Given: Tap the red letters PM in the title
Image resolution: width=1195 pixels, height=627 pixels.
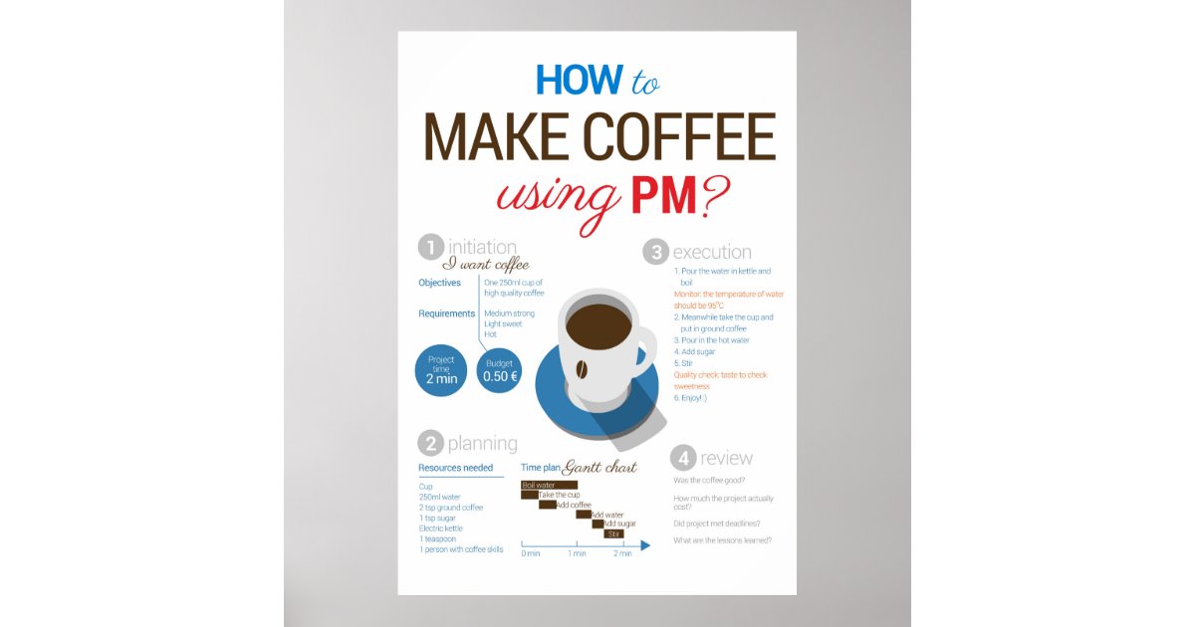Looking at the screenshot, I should pos(663,196).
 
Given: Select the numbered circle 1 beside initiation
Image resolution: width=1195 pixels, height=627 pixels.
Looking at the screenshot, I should pos(430,246).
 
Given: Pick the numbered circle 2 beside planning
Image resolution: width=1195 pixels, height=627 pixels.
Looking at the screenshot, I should pos(430,443).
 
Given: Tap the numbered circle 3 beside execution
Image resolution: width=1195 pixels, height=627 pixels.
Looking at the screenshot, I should pos(655,252).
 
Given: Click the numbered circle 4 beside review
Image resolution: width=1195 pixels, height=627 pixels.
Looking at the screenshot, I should pos(682,458).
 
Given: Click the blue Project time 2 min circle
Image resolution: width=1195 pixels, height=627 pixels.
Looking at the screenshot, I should pos(441,369).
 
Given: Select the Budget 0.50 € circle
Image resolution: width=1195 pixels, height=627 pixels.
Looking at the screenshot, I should pos(500,369).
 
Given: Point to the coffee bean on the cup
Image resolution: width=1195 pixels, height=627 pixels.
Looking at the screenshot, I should pos(581,370).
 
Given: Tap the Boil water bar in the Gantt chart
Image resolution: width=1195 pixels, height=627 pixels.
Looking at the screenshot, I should pos(549,485).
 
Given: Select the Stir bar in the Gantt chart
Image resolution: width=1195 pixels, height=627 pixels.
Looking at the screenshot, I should pos(614,534).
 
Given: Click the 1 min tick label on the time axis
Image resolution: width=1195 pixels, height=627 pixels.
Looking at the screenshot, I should pos(577,553).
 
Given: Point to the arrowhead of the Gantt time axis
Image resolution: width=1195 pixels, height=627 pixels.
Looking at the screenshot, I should pos(645,545).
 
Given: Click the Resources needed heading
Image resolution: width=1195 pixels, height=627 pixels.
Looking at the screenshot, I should pos(455,468).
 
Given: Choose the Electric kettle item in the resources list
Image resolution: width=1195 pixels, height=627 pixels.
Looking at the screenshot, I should pos(439,528).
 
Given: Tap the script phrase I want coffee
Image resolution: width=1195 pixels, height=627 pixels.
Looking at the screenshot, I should pos(486,265).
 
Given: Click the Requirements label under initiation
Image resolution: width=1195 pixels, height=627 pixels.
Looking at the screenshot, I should pos(447,313).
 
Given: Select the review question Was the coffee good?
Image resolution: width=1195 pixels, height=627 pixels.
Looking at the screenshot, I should pos(709,480).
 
